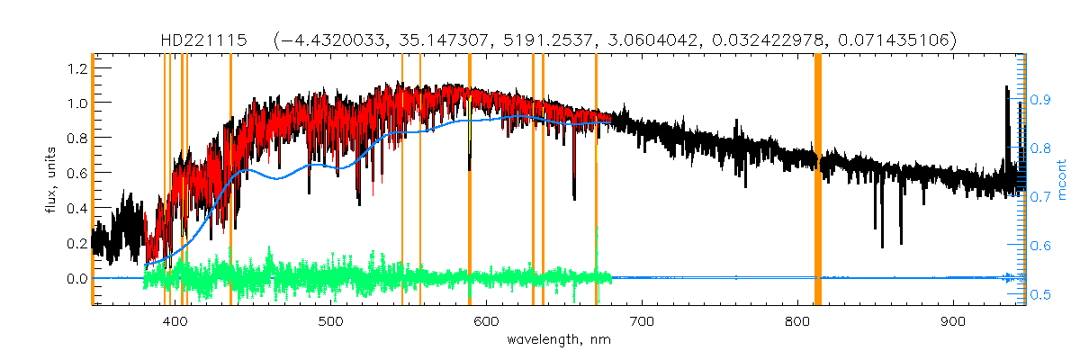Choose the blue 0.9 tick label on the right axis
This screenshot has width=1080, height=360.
point(1043,100)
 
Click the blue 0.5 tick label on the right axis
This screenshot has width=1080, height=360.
point(1043,293)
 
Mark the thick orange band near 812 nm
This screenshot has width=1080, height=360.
point(818,180)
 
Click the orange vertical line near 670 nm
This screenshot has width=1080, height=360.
point(596,180)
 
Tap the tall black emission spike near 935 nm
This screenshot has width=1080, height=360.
point(1007,99)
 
